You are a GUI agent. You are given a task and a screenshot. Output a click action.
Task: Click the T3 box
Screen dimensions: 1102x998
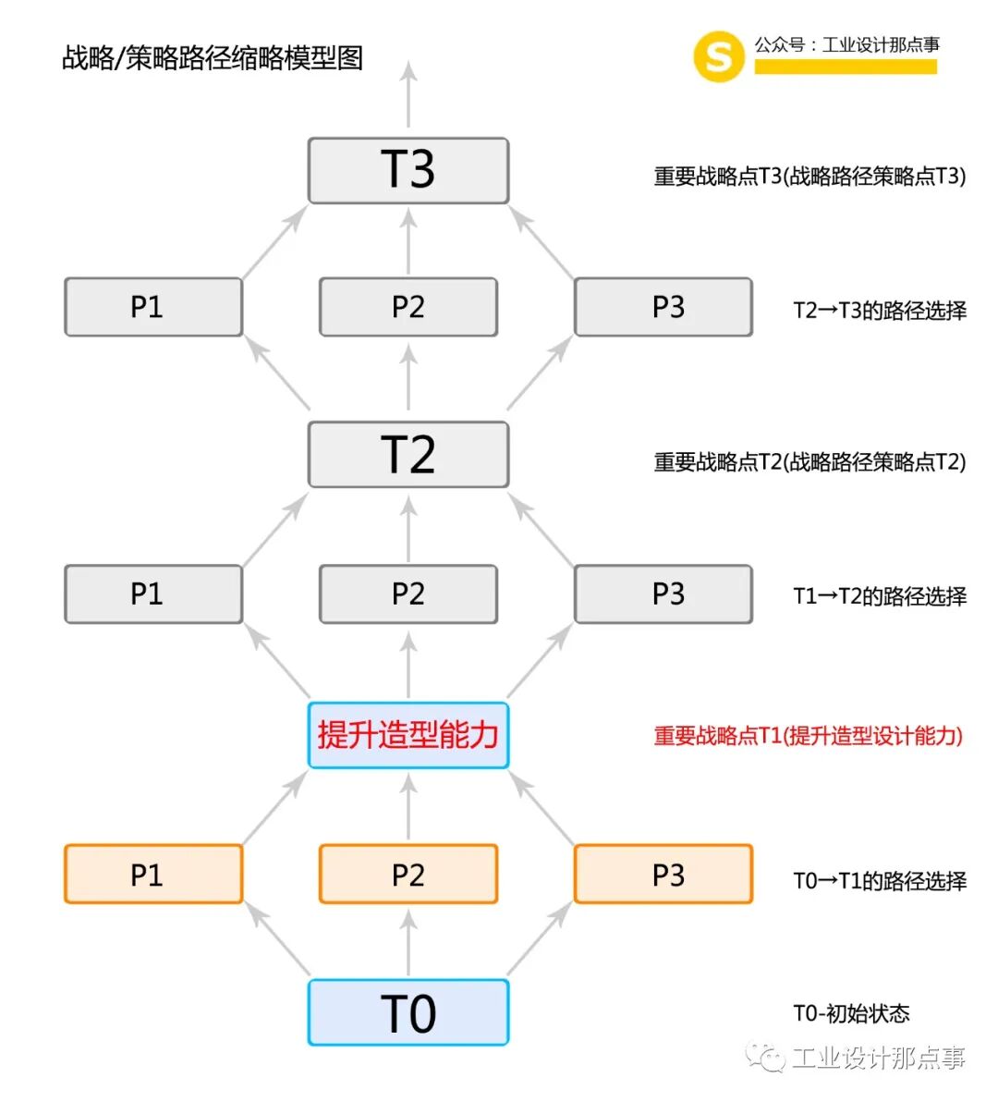(x=408, y=171)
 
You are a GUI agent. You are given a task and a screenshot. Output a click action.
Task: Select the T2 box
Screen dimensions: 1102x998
(x=408, y=455)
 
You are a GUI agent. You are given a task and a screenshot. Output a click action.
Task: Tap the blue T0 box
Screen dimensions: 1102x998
(x=408, y=1013)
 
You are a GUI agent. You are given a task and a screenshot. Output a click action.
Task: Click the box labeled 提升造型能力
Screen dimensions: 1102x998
(x=408, y=735)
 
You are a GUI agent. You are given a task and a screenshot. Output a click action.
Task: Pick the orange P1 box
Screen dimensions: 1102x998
(x=153, y=874)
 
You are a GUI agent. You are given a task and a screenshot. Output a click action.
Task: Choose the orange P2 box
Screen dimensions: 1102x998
(x=408, y=874)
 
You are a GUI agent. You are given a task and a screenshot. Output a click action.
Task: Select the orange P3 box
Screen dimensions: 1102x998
(x=663, y=874)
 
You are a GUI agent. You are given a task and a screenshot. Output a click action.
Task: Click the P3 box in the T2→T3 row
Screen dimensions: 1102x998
(x=663, y=307)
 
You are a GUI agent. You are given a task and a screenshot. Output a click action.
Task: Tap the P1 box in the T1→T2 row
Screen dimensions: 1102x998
(x=153, y=594)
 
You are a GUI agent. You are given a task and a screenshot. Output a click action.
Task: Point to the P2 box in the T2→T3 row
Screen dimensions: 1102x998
(x=408, y=307)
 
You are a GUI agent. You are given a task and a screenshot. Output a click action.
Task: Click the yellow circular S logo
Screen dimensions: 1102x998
(x=718, y=56)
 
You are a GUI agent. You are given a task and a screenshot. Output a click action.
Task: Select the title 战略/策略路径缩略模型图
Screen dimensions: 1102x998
(x=213, y=58)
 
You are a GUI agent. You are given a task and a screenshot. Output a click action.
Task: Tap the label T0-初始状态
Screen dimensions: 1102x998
(x=851, y=1014)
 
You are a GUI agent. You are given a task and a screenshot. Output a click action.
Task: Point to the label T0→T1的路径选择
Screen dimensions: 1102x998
(x=880, y=881)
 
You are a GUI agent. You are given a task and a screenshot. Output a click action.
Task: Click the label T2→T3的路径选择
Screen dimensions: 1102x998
(x=880, y=311)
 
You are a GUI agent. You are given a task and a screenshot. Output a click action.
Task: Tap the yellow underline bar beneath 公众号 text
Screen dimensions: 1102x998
(x=846, y=67)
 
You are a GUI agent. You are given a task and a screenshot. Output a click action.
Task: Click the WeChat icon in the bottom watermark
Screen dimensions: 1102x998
(x=766, y=1057)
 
